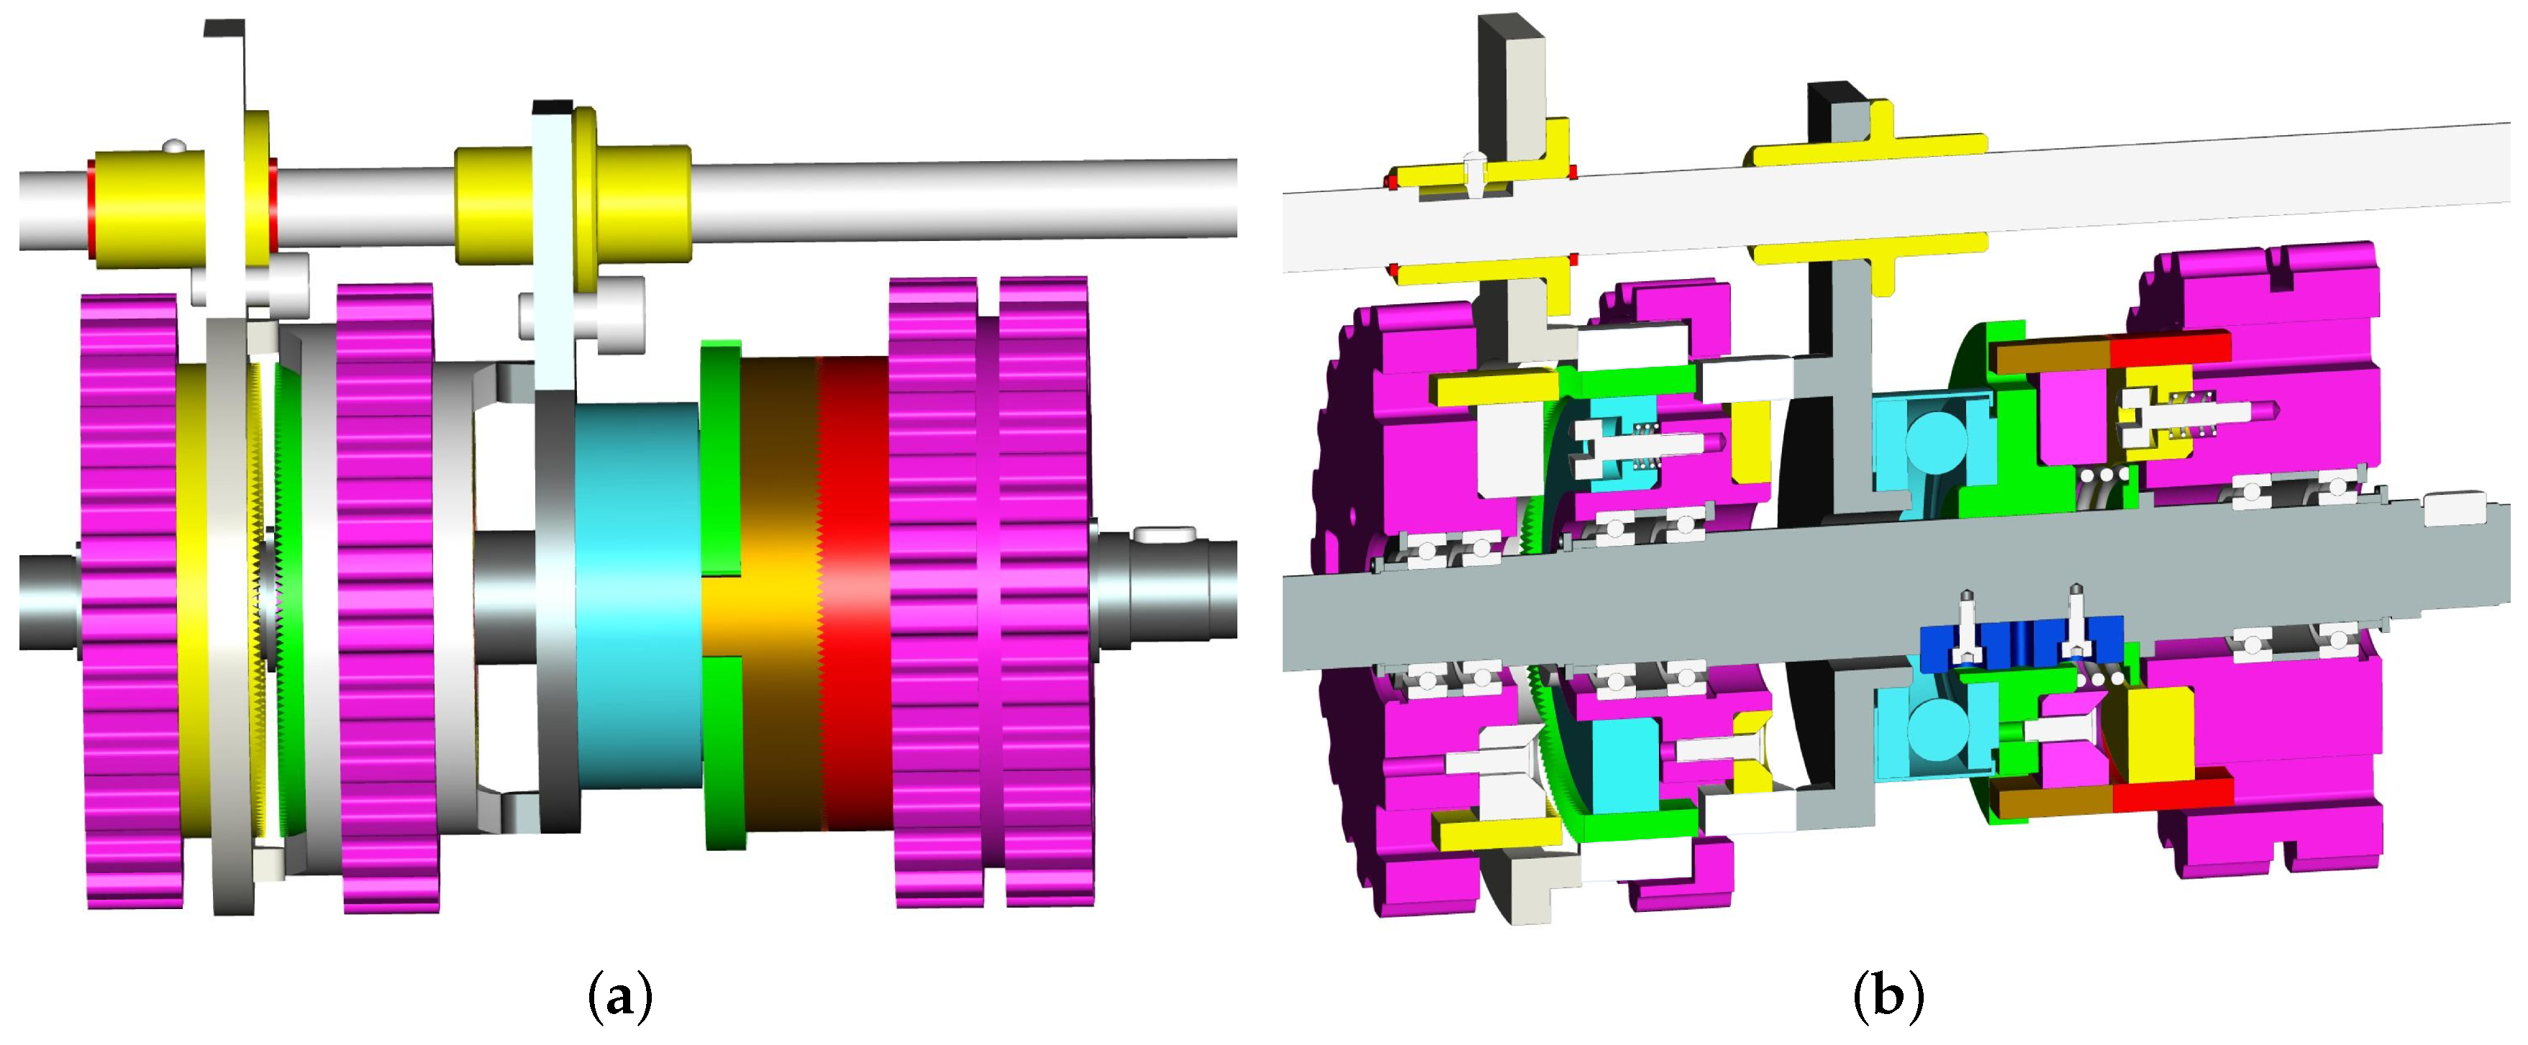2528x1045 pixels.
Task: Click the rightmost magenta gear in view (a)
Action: (x=1045, y=593)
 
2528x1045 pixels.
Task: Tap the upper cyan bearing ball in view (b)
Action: (x=1932, y=442)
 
